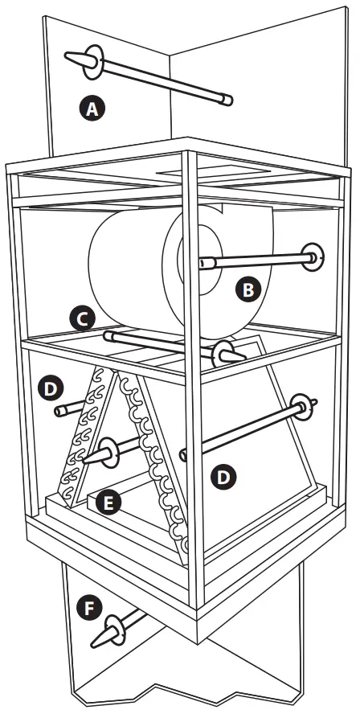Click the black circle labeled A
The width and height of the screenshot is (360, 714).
[92, 109]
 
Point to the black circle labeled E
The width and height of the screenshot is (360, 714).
[108, 503]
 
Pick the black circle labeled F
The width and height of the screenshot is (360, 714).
[89, 607]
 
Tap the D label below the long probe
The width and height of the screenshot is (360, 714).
[223, 477]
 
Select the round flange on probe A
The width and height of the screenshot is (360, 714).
[94, 62]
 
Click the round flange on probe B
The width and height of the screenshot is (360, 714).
[313, 257]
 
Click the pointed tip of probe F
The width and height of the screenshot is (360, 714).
[93, 645]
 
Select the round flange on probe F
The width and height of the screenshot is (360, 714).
[115, 630]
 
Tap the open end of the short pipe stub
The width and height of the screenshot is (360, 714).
[59, 411]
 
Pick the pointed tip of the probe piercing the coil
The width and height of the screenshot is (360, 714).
[85, 461]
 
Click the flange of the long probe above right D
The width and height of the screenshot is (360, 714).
[302, 407]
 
